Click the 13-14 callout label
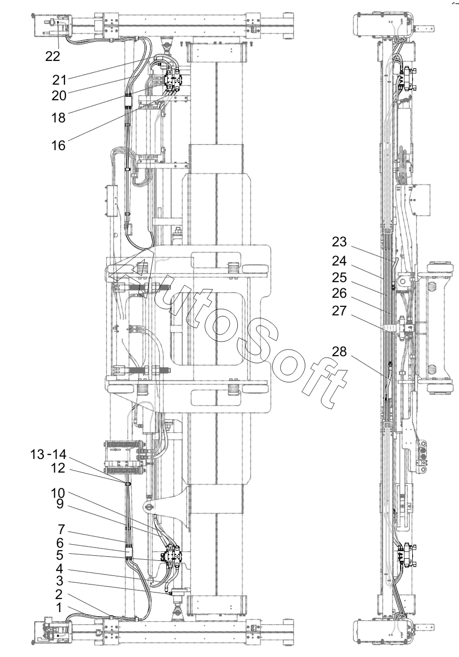point(48,455)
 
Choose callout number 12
point(58,468)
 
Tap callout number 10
point(58,493)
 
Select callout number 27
point(339,311)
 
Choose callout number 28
point(339,351)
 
